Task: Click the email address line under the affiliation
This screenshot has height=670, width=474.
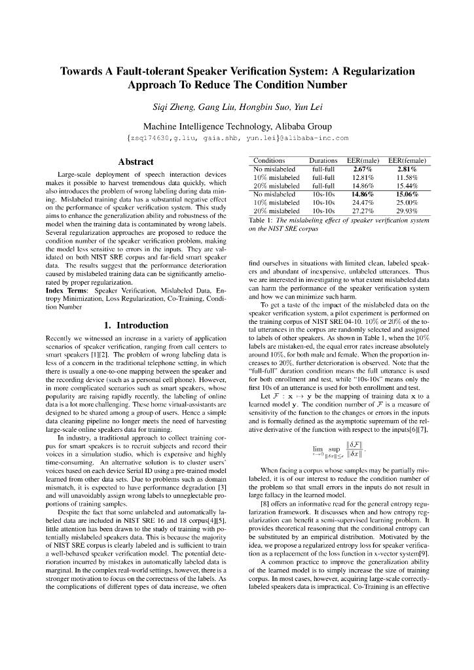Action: coord(237,138)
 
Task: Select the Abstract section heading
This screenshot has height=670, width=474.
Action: coord(136,162)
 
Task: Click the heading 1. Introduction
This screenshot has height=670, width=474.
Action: coord(136,325)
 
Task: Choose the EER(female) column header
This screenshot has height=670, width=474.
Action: coord(407,160)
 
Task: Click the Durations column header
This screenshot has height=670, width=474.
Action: coord(323,160)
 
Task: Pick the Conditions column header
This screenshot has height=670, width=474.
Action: coord(269,160)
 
